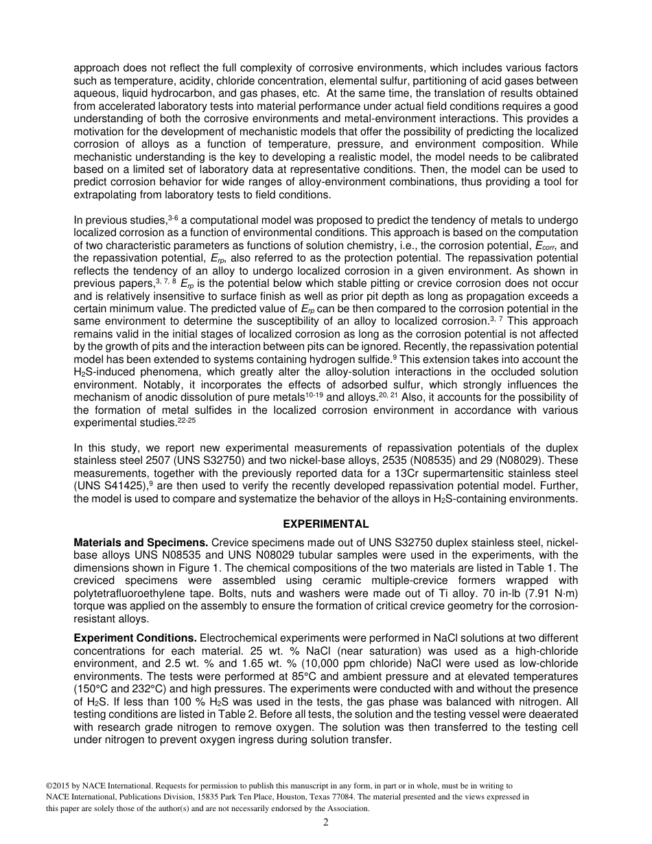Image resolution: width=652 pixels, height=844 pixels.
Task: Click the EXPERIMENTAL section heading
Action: [326, 524]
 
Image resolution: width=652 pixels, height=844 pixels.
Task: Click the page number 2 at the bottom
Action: [326, 823]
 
